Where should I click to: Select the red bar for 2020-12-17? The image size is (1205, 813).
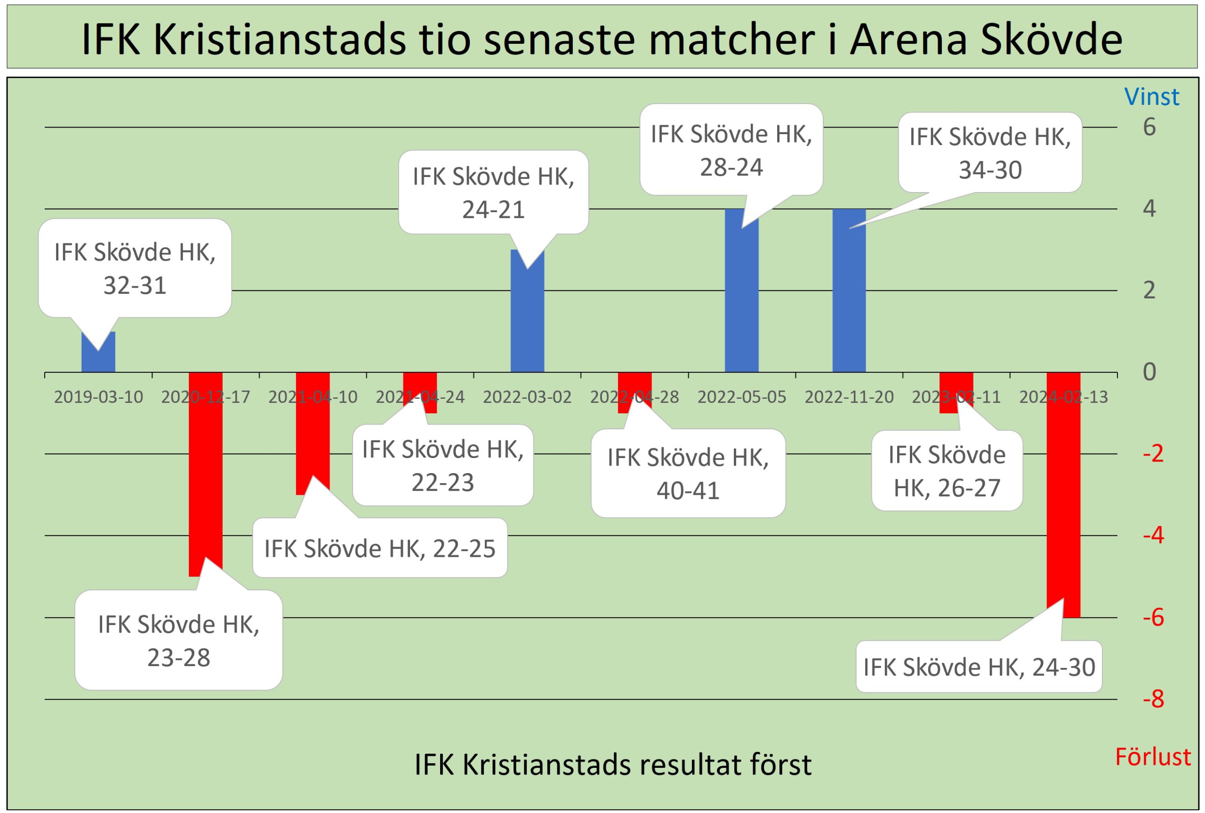pos(206,475)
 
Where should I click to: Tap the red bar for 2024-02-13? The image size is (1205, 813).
pos(1063,495)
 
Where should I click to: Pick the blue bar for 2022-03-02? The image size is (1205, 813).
pos(527,311)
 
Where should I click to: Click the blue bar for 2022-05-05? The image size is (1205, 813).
pos(742,290)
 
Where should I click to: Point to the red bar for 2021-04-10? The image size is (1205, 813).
pos(313,434)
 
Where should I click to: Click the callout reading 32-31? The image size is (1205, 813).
pos(135,268)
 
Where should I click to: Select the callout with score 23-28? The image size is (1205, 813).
pos(179,640)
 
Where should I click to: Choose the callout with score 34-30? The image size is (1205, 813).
pos(990,153)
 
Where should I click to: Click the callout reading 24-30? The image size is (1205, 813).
pos(979,666)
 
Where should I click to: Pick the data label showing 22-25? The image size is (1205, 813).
pos(380,547)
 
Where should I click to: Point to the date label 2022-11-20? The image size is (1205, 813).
pos(849,397)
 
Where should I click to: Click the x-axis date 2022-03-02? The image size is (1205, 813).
pos(527,397)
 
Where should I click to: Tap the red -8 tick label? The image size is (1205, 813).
pos(1154,699)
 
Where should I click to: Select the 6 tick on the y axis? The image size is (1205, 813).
pos(1149,127)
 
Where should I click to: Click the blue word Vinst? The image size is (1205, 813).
pos(1152,97)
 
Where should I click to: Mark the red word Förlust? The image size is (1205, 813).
pos(1153,757)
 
